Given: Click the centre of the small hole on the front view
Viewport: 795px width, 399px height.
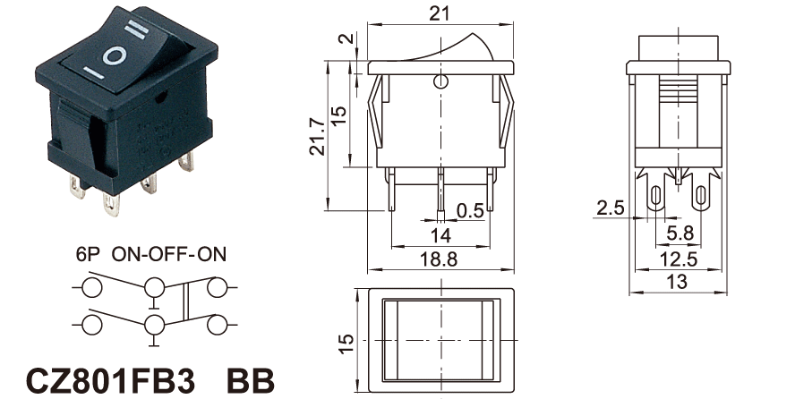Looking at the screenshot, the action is [x=440, y=81].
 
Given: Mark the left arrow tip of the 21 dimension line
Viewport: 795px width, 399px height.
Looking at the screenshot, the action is [x=369, y=24].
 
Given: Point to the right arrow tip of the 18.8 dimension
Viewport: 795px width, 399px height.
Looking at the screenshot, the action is [x=514, y=269].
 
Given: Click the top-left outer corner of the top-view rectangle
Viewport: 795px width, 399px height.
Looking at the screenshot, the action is [x=369, y=289].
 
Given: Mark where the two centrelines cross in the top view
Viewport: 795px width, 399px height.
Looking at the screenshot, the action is [x=441, y=340].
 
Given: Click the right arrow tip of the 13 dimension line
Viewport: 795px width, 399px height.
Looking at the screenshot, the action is [x=727, y=293].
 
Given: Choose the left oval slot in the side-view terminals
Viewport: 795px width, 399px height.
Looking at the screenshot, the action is [x=655, y=197].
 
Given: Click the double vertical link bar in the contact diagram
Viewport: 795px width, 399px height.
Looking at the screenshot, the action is [x=186, y=302].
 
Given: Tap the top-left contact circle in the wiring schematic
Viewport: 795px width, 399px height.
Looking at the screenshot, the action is [x=92, y=287].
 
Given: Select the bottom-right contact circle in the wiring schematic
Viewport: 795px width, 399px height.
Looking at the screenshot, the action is [x=217, y=325].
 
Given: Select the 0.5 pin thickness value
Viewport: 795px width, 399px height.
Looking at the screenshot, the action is [x=471, y=210].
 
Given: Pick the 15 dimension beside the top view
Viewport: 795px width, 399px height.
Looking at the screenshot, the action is [x=346, y=344].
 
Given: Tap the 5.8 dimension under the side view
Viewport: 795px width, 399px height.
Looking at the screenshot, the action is [x=680, y=233].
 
